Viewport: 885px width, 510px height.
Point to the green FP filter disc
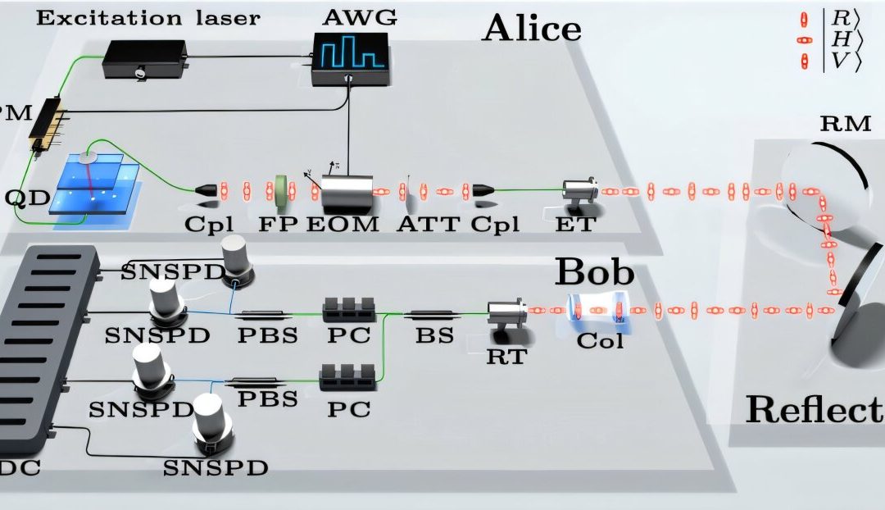(283, 190)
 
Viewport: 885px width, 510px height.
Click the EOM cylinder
(346, 193)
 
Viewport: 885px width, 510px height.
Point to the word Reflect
(814, 409)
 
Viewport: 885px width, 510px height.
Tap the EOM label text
(343, 223)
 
